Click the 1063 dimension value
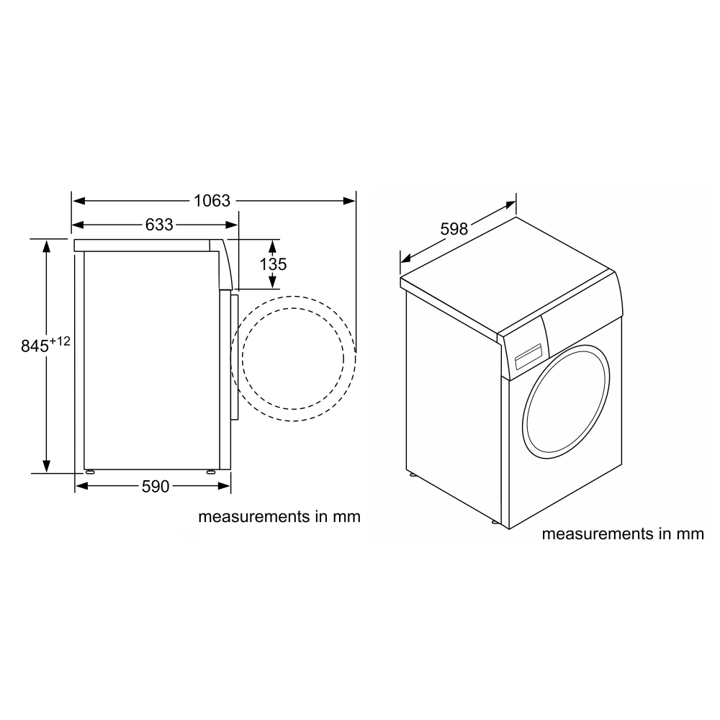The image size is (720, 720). [x=212, y=201]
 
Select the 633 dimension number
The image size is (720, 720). [x=159, y=225]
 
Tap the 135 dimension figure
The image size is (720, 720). [x=274, y=264]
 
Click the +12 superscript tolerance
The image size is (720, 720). [x=60, y=341]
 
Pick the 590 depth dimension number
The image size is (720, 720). [x=155, y=487]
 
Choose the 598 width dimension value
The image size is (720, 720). [x=454, y=230]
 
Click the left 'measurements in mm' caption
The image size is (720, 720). [x=279, y=516]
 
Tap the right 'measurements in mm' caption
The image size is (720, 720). [x=622, y=534]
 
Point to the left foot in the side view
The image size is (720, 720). [x=91, y=471]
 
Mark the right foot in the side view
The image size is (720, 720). [x=211, y=471]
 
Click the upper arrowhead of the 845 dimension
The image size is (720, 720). [x=47, y=246]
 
